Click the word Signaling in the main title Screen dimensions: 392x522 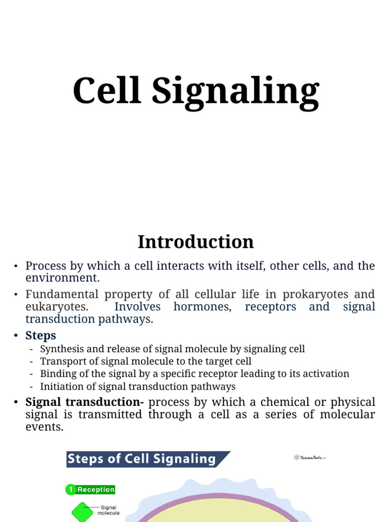pos(235,92)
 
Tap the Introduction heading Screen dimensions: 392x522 pos(195,242)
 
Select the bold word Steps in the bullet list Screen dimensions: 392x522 pos(41,335)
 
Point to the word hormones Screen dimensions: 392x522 pos(203,307)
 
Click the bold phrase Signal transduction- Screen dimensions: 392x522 pos(85,402)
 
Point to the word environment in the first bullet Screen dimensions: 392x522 pos(61,278)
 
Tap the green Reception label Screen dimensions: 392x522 pos(96,490)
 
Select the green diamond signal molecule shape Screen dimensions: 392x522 pos(82,512)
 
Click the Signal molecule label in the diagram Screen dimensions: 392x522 pos(109,510)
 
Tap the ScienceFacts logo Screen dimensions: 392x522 pos(309,457)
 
